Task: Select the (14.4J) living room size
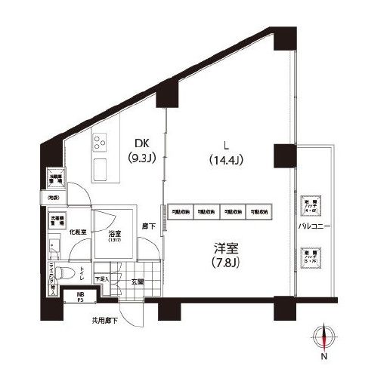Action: coord(225,159)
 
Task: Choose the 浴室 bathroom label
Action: coord(115,235)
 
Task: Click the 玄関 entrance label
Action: coord(137,282)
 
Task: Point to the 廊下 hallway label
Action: coord(150,226)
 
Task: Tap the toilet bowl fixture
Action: coord(64,269)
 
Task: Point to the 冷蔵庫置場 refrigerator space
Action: coord(55,179)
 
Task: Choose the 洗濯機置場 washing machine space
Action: coord(57,221)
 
